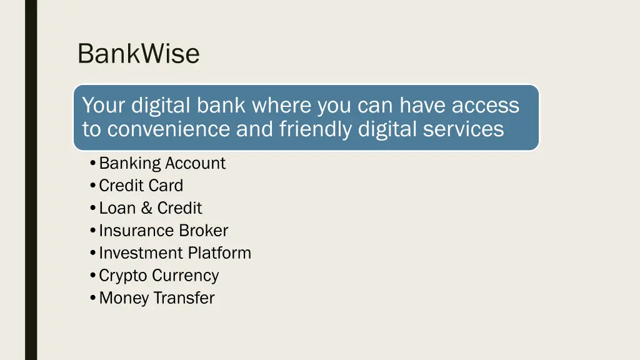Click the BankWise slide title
pyautogui.click(x=138, y=54)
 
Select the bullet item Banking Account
pyautogui.click(x=162, y=163)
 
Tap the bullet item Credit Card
pyautogui.click(x=141, y=186)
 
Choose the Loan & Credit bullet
pyautogui.click(x=151, y=208)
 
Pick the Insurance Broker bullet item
pyautogui.click(x=163, y=231)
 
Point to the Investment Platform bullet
pyautogui.click(x=175, y=253)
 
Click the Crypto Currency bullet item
pyautogui.click(x=159, y=276)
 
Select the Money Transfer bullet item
pyautogui.click(x=156, y=298)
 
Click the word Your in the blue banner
pyautogui.click(x=104, y=105)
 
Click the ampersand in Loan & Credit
pyautogui.click(x=147, y=208)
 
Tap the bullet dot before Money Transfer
pyautogui.click(x=92, y=298)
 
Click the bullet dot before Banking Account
pyautogui.click(x=92, y=164)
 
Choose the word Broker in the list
pyautogui.click(x=204, y=231)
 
